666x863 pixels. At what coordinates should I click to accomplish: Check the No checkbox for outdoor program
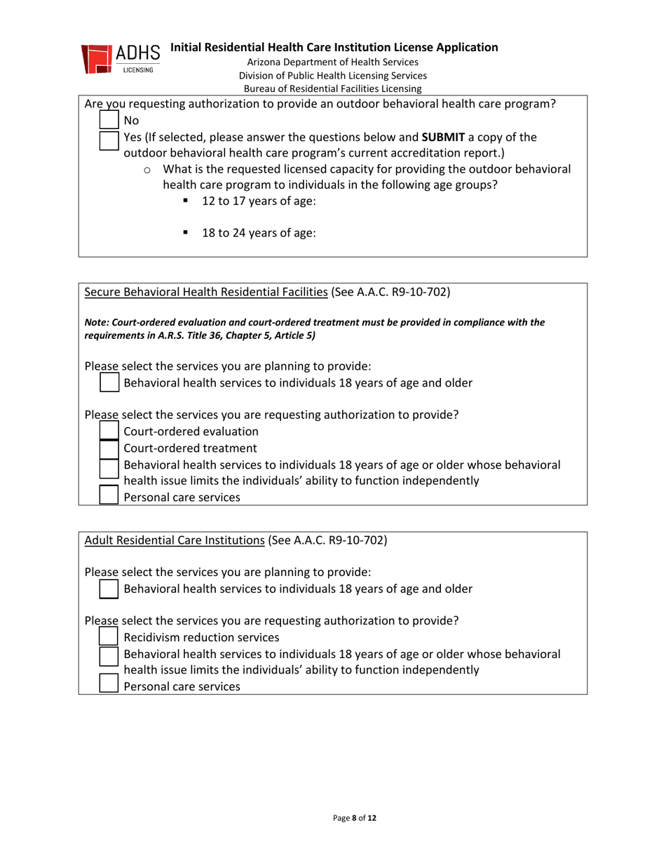coord(109,121)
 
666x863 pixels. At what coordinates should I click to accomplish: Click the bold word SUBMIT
coord(444,136)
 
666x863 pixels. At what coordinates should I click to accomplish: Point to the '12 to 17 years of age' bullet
coord(258,201)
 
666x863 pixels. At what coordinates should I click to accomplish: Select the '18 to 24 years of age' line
coord(258,235)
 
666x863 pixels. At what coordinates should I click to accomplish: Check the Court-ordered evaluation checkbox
coord(109,431)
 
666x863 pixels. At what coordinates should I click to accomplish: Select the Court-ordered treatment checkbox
coord(109,448)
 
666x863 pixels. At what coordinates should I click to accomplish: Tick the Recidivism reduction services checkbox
coord(109,637)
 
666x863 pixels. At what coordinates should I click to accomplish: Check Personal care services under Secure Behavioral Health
coord(109,497)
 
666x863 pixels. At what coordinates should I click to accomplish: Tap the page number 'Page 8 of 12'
coord(355,818)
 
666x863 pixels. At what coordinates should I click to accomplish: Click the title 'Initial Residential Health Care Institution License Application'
coord(334,48)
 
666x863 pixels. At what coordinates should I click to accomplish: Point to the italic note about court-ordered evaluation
coord(314,328)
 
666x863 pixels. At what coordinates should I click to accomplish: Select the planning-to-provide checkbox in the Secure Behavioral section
coord(109,382)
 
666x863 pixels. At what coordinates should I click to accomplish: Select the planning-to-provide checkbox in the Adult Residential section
coord(109,589)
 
